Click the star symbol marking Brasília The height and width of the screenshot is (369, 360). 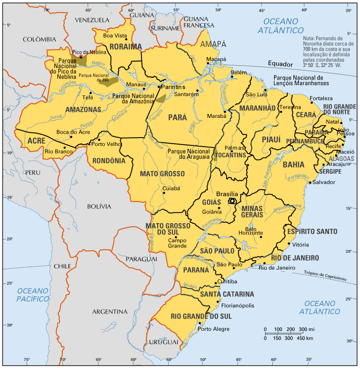(x=232, y=201)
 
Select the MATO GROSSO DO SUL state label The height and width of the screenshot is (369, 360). (x=168, y=229)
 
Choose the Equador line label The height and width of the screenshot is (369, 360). (x=280, y=64)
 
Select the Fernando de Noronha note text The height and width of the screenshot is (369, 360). (x=328, y=52)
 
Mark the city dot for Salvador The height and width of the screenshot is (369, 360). (x=310, y=182)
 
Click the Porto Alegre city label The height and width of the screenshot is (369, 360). (x=214, y=329)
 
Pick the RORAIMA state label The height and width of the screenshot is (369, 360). (x=125, y=46)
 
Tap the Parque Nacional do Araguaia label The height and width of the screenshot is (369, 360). (x=189, y=154)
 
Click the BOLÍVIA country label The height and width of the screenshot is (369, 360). (x=99, y=206)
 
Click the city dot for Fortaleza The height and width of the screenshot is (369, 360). (x=312, y=102)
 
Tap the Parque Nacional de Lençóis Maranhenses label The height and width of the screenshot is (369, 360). (x=301, y=80)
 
